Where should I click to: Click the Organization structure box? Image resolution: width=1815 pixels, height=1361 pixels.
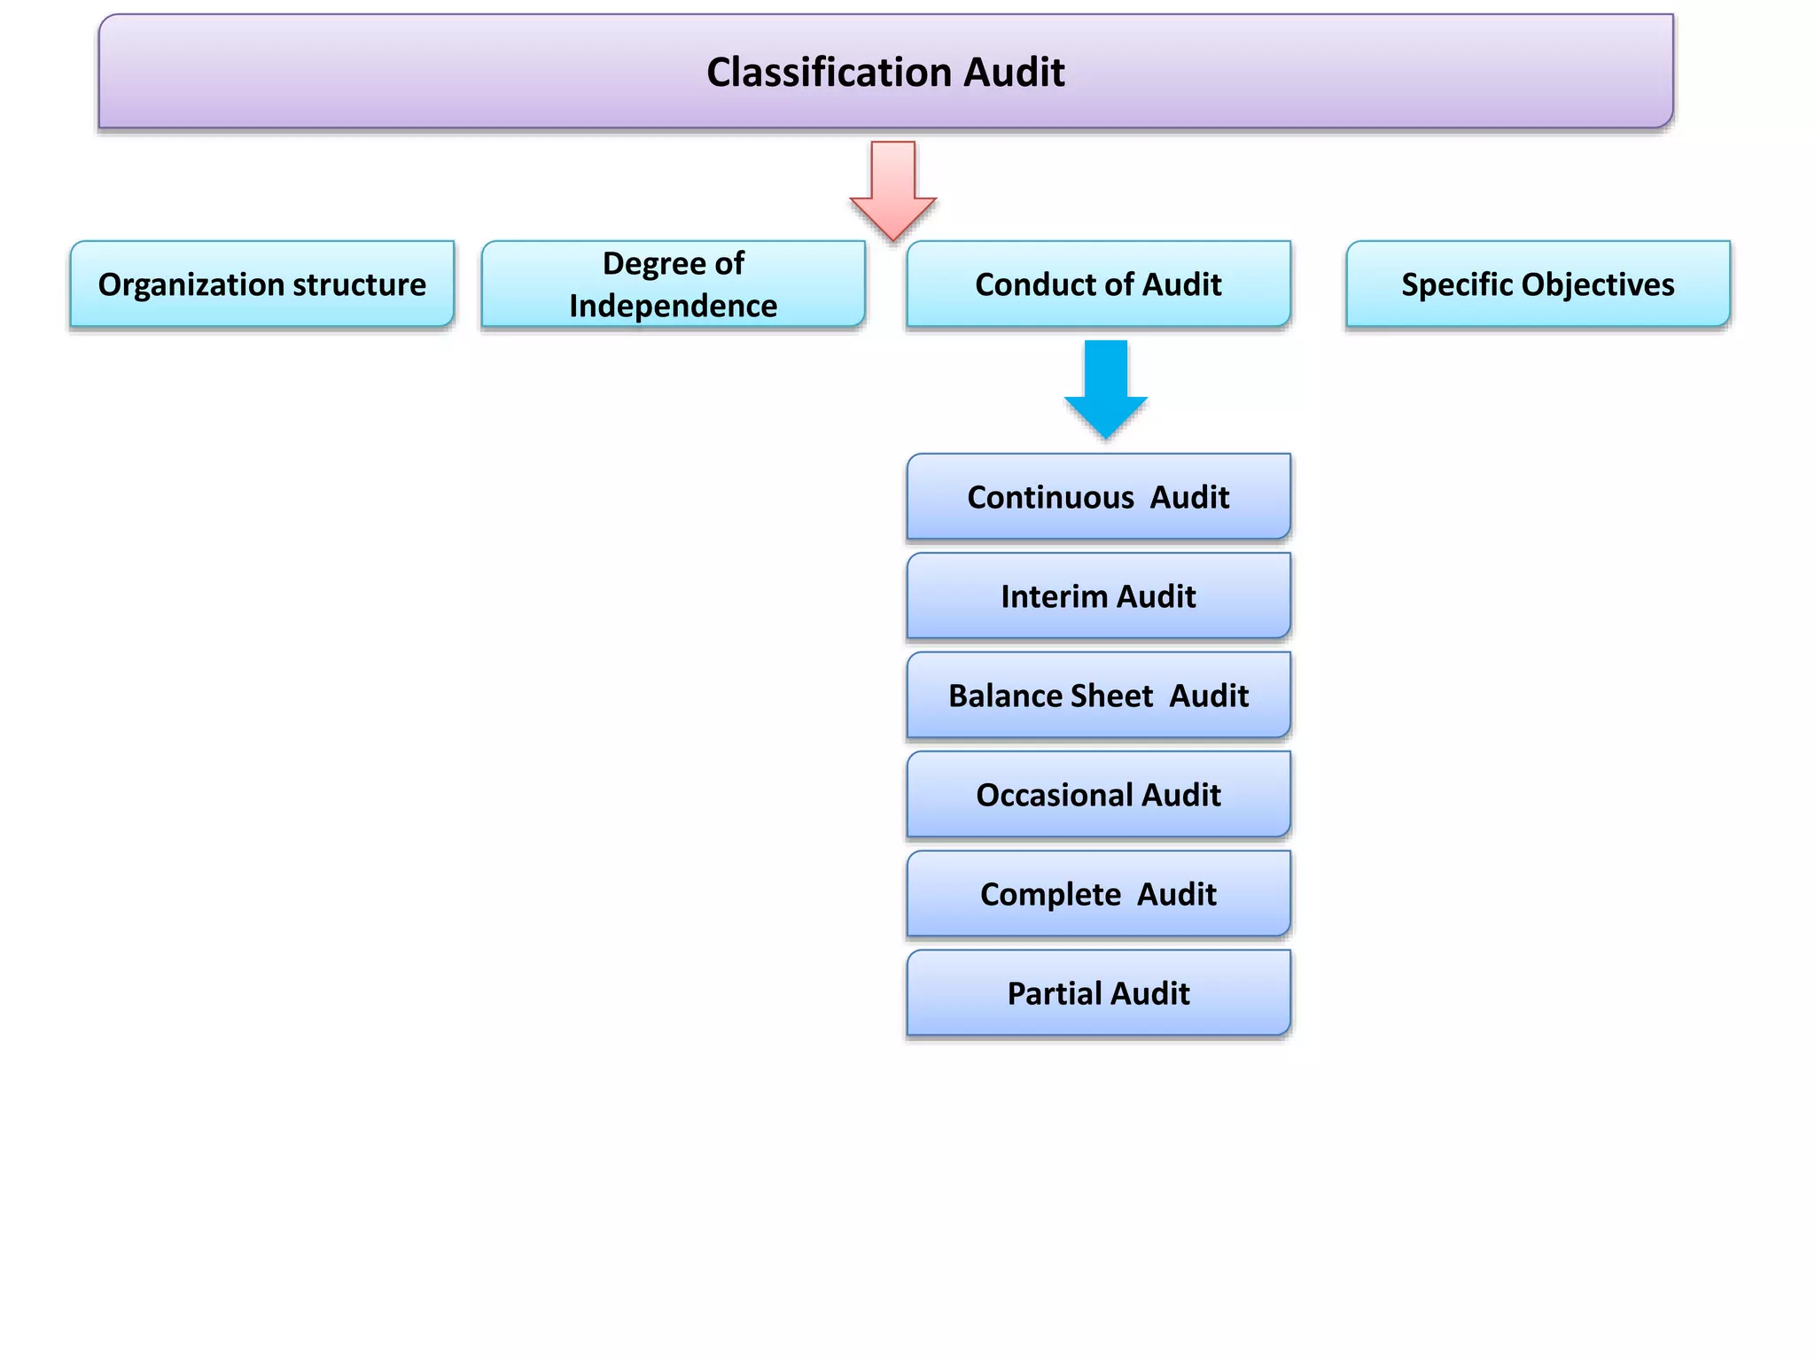262,284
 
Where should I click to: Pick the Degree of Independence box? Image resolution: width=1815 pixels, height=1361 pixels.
674,284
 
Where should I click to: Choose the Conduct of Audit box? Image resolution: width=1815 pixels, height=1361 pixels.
1098,284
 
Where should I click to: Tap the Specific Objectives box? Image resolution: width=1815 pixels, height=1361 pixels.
1538,284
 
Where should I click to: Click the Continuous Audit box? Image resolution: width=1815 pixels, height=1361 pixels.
1098,497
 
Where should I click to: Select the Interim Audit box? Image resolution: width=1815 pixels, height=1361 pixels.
1098,596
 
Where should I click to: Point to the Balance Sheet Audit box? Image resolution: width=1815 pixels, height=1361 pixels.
1098,696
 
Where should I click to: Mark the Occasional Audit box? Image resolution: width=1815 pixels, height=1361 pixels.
1098,795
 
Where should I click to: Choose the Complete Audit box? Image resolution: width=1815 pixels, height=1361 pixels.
1098,894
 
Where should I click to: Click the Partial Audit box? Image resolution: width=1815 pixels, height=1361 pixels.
1098,993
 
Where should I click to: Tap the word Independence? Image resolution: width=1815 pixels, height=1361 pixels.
674,306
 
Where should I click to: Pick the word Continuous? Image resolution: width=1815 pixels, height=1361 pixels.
1050,497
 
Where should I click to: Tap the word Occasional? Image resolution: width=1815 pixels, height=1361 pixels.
1054,795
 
